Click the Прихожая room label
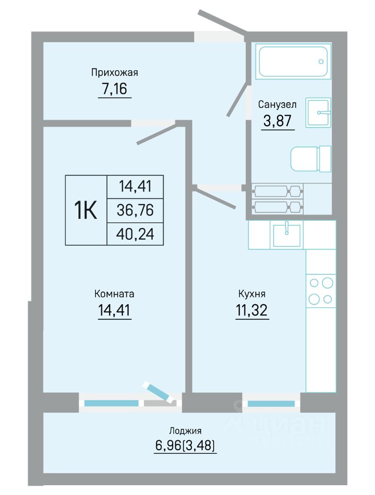tap(115, 73)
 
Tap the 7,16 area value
tap(115, 89)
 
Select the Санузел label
tap(277, 105)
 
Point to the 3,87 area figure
tap(277, 121)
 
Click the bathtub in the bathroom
tap(293, 61)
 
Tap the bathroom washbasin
tap(318, 112)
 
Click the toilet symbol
tap(311, 159)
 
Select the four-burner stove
tap(321, 290)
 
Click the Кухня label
tap(252, 294)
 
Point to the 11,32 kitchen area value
tap(252, 310)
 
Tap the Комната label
tap(115, 294)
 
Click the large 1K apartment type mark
tap(85, 210)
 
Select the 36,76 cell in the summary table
tap(135, 210)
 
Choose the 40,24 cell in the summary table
tap(135, 234)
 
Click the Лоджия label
tap(185, 431)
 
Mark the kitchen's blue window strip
tap(271, 403)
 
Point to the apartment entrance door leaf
tap(222, 21)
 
